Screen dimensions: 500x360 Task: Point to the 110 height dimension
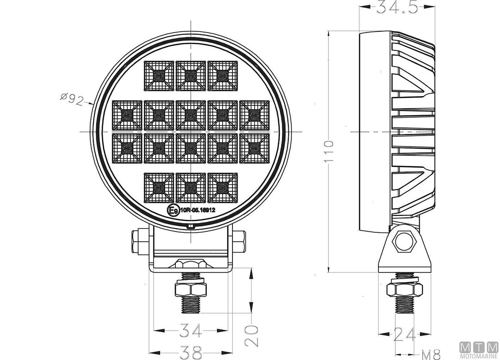[x=329, y=151]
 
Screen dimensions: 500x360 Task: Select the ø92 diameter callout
[x=72, y=99]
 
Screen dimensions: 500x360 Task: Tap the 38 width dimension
[x=191, y=352]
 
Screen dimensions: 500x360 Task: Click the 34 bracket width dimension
[x=191, y=330]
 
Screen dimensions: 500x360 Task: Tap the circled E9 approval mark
[x=173, y=210]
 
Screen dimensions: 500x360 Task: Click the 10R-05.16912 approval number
[x=197, y=210]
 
